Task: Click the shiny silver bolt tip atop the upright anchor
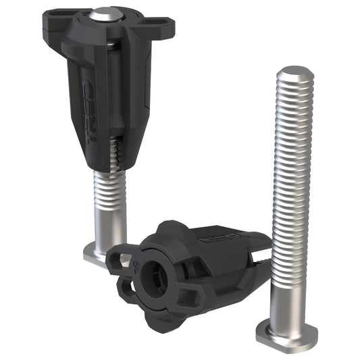click(106, 14)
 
